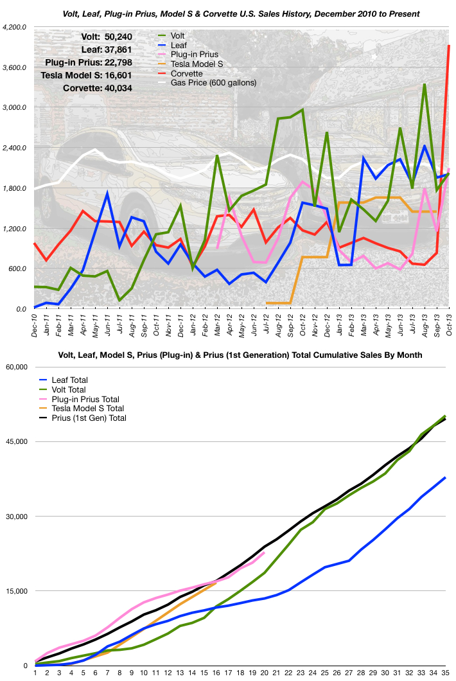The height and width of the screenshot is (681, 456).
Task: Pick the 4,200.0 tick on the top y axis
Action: (x=15, y=28)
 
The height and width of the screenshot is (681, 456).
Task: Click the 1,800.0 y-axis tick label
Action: (x=15, y=188)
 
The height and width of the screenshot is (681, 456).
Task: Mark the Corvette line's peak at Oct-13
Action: (x=449, y=46)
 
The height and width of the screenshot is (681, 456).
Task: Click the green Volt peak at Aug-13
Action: (x=425, y=85)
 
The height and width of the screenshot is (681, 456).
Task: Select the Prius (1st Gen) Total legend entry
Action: (x=90, y=418)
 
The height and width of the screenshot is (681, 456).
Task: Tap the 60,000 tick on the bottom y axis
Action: (x=15, y=367)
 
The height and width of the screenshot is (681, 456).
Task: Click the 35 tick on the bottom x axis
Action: (x=445, y=673)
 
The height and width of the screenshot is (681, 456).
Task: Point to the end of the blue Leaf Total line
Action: (x=445, y=477)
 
